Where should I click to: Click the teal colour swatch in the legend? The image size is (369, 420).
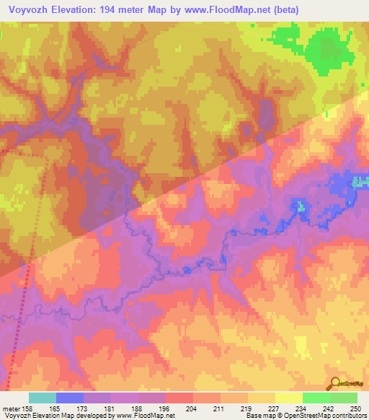point(43,398)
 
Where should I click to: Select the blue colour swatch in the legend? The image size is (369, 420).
point(70,398)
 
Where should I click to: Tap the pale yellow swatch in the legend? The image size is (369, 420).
point(289,398)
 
